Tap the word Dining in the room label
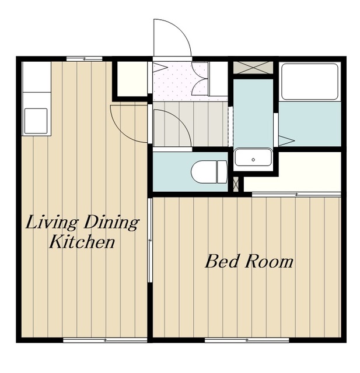(111, 223)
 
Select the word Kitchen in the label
(82, 242)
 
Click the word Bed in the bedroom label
(222, 262)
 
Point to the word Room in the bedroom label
(270, 262)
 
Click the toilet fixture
(209, 172)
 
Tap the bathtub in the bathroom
(310, 82)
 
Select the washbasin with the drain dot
(253, 157)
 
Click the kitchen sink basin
(36, 121)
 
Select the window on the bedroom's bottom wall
(247, 340)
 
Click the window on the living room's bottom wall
(105, 340)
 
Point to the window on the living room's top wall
(84, 58)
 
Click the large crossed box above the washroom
(253, 68)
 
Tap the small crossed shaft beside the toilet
(236, 184)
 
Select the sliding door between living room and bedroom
(150, 240)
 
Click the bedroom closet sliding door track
(296, 195)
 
